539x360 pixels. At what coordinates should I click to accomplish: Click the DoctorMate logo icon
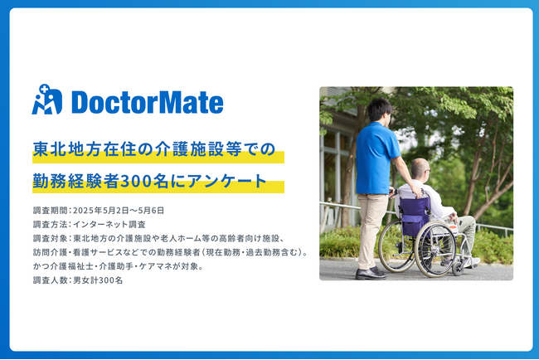[x=47, y=100]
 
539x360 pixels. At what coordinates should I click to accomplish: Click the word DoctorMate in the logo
[x=148, y=102]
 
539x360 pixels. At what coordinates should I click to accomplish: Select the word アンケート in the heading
[x=226, y=181]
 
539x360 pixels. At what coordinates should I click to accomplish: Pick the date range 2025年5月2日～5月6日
[x=119, y=211]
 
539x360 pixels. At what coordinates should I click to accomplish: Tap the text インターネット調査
[x=109, y=225]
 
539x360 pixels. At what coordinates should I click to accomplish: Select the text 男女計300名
[x=98, y=280]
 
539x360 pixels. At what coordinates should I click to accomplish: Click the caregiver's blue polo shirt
[x=376, y=158]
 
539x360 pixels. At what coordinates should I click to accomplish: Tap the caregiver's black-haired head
[x=380, y=109]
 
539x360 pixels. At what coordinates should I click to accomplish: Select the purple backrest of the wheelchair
[x=415, y=216]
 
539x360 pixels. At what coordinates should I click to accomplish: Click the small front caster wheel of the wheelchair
[x=458, y=268]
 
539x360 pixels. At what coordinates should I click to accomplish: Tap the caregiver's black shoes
[x=371, y=273]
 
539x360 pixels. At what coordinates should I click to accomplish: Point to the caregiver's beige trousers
[x=371, y=231]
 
